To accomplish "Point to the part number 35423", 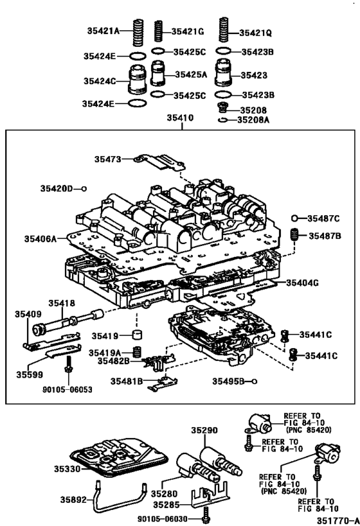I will pos(253,75).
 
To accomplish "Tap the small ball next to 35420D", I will pos(84,188).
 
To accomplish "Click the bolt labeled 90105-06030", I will pos(205,513).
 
